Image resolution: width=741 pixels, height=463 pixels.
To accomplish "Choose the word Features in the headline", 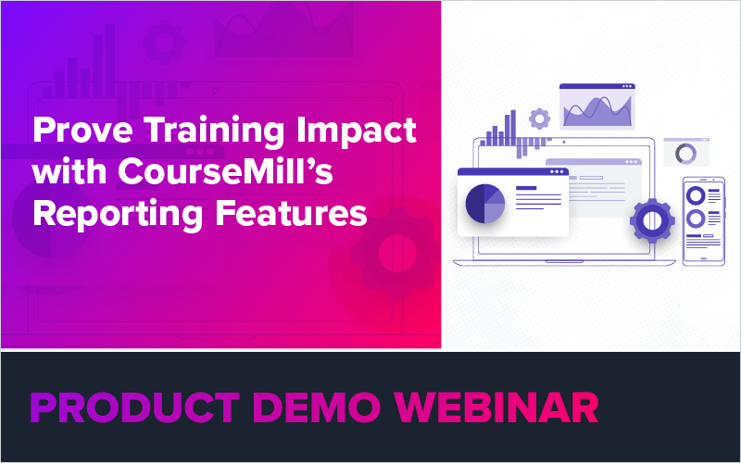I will pyautogui.click(x=291, y=214).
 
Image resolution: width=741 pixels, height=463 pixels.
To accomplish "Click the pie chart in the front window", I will pyautogui.click(x=485, y=204).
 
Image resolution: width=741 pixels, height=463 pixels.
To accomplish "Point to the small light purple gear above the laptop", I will pyautogui.click(x=538, y=119).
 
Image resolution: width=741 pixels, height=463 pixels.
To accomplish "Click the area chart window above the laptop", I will pyautogui.click(x=597, y=108).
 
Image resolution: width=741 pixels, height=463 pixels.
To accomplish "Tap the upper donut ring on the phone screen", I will pyautogui.click(x=696, y=194).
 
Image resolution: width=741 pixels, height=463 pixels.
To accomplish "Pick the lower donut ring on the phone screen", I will pyautogui.click(x=696, y=219).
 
